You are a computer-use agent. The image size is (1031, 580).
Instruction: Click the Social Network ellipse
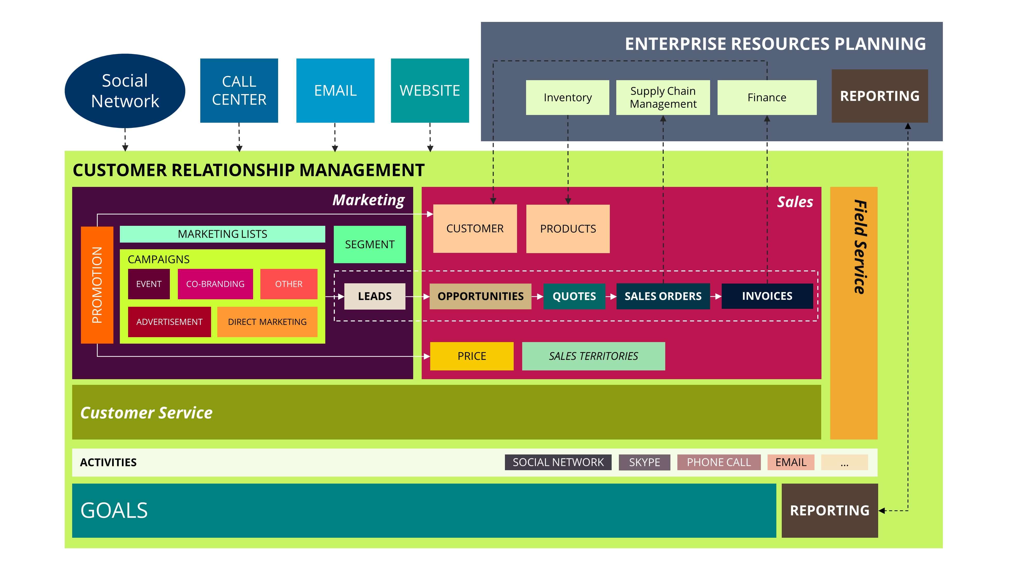[x=125, y=91]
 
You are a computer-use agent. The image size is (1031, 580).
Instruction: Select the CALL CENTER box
[x=239, y=90]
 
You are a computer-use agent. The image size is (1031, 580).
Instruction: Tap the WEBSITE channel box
[x=430, y=90]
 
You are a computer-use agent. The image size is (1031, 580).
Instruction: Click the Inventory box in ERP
[x=568, y=97]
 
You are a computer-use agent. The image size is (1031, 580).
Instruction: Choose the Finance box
[x=767, y=97]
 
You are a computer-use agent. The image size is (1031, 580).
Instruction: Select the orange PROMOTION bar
[x=97, y=285]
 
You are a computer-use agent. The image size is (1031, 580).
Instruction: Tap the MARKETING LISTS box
[x=222, y=234]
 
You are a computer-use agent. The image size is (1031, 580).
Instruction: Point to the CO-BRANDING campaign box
[x=215, y=284]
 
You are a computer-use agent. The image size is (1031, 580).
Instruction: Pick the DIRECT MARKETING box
[x=267, y=322]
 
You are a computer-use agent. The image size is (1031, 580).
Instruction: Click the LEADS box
[x=375, y=296]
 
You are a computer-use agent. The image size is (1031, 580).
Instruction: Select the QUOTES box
[x=574, y=296]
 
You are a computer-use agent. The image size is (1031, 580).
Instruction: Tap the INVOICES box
[x=767, y=296]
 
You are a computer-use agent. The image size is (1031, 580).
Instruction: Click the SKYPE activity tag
[x=644, y=462]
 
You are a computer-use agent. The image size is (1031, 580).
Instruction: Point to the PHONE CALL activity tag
[x=719, y=462]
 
